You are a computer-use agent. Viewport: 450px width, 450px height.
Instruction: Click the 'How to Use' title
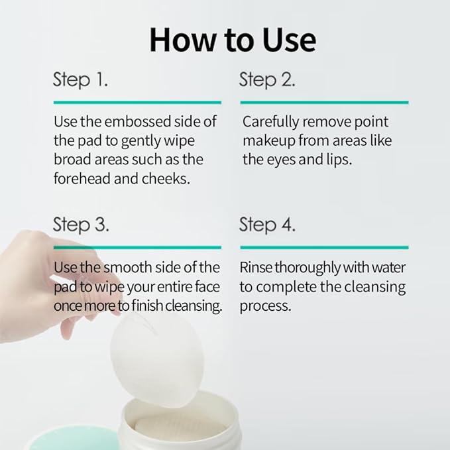(x=232, y=40)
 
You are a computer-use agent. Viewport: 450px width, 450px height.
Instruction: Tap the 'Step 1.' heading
(x=80, y=80)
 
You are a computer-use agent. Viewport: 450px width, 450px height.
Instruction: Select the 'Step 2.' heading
(x=267, y=80)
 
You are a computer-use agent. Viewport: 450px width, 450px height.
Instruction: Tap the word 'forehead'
(x=78, y=179)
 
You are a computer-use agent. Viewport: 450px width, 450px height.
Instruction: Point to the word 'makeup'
(x=268, y=141)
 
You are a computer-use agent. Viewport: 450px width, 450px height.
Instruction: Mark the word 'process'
(x=264, y=306)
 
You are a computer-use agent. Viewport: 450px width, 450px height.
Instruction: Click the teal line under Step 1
(x=137, y=103)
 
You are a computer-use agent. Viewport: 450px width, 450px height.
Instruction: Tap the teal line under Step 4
(x=323, y=247)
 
